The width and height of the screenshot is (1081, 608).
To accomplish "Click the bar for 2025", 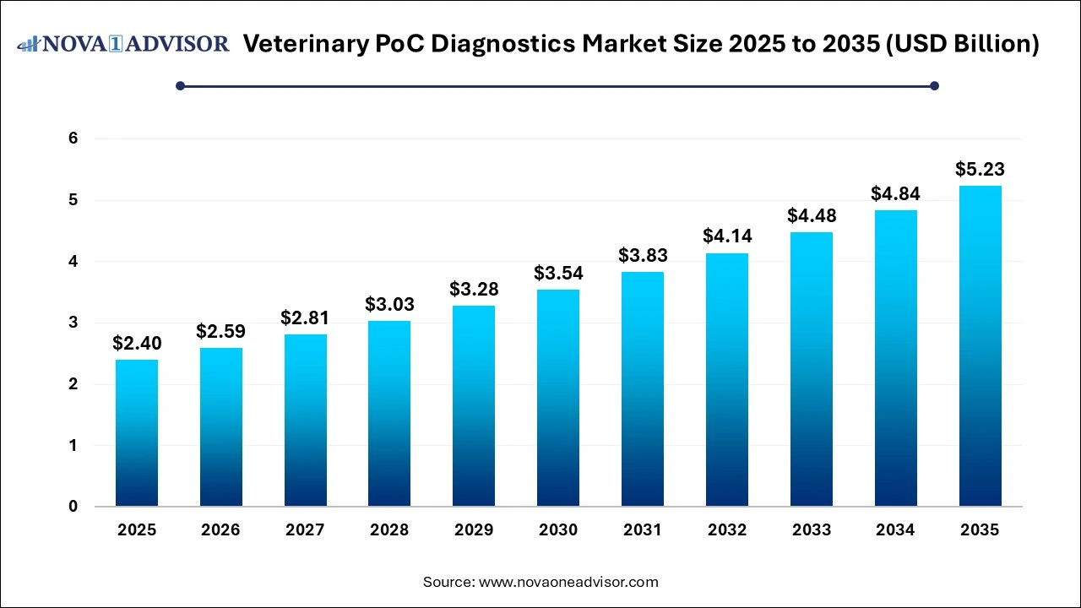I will (x=137, y=432).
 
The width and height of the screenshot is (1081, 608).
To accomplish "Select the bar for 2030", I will (x=558, y=398).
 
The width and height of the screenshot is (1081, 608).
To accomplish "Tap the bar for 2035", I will (x=980, y=345).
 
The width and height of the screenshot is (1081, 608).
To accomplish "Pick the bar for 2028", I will (x=389, y=413).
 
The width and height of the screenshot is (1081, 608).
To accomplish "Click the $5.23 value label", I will (x=980, y=170).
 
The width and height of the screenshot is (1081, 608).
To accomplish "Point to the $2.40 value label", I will (x=137, y=344).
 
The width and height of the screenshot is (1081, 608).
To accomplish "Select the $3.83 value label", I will (x=643, y=256).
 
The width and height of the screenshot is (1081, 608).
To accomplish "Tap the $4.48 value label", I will (x=811, y=216).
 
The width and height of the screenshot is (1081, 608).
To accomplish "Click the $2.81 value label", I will (x=305, y=318).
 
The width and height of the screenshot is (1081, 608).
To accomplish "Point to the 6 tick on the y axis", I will (x=73, y=138).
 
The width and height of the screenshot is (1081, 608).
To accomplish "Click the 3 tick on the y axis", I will (x=73, y=323).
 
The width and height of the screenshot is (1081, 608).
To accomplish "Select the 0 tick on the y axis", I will (x=73, y=507).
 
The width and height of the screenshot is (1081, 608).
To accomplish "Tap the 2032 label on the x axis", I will (x=727, y=530).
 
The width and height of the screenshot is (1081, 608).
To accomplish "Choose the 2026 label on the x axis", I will (x=221, y=530).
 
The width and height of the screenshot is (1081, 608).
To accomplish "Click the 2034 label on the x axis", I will (x=895, y=530).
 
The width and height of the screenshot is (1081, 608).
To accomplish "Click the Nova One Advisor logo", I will (x=123, y=44).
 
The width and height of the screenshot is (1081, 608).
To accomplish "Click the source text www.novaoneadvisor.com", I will (x=568, y=582).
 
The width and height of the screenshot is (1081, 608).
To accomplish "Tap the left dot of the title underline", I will (x=180, y=85).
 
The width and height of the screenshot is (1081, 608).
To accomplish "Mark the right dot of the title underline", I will (x=934, y=85).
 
